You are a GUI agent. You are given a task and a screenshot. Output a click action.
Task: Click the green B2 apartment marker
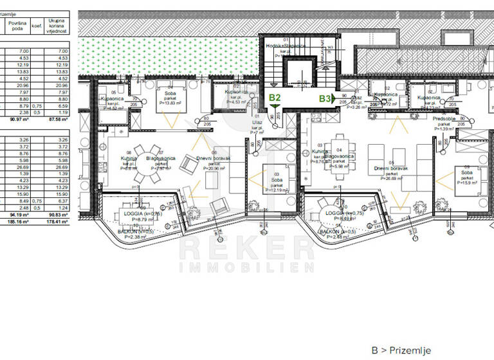click(275, 98)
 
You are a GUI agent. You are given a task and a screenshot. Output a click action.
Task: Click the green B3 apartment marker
click(325, 98)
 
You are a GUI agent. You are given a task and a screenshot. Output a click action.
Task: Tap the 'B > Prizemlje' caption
click(401, 350)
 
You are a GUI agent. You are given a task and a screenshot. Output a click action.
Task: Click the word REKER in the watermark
click(246, 248)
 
